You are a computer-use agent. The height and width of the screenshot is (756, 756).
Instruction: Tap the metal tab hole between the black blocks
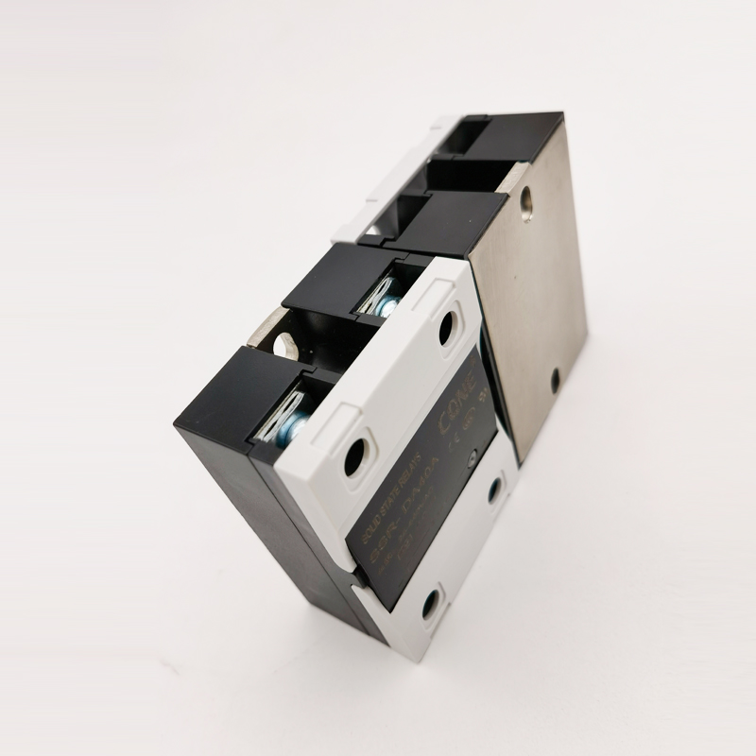pos(280,342)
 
